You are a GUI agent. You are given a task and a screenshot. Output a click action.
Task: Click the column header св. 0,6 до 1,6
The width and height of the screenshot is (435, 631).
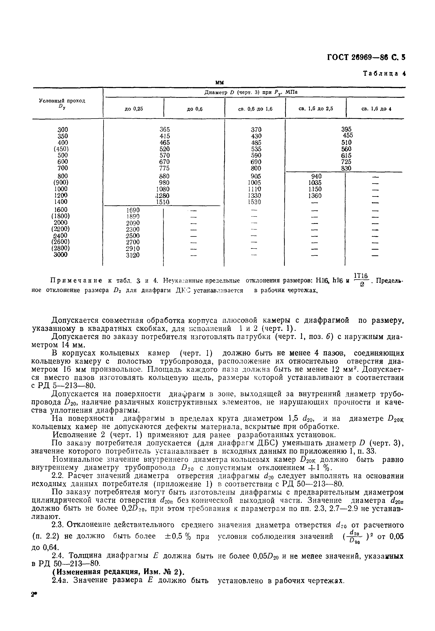255,109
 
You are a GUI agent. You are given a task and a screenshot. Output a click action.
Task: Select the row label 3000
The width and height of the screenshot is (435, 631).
61,255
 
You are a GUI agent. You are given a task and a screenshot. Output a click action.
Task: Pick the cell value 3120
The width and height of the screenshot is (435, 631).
133,255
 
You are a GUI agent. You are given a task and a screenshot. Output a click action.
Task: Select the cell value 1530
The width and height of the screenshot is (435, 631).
254,202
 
